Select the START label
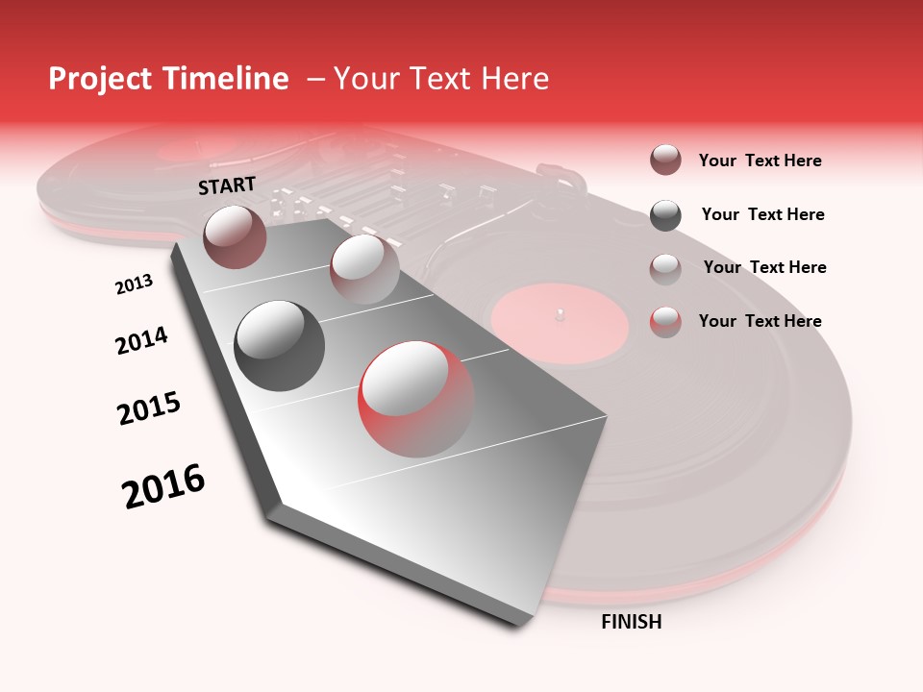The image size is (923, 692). point(227,185)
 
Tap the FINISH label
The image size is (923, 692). point(631,622)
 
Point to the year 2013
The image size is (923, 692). point(135,284)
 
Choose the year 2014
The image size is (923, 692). point(141,340)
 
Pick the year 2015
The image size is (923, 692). point(149,408)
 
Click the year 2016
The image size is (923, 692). point(163,486)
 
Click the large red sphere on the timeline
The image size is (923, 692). point(416,399)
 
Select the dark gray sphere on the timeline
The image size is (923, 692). point(279,345)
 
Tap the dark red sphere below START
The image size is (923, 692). point(235,236)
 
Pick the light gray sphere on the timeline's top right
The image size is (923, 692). point(363,268)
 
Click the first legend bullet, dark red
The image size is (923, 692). point(665,160)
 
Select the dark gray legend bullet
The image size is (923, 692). point(665,214)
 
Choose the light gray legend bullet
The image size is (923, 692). point(665,268)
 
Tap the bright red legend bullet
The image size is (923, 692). point(665,321)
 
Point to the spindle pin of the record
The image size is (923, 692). point(560,312)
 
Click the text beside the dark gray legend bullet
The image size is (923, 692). point(762,214)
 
